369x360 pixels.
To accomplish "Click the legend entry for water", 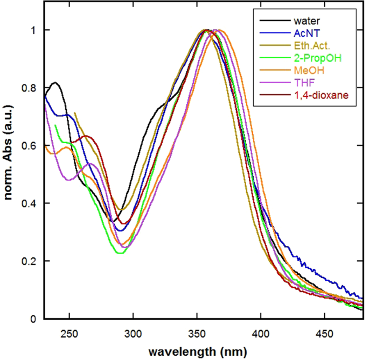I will [305, 22].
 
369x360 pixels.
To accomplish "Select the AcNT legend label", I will [304, 34].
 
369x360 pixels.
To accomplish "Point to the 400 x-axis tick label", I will [261, 331].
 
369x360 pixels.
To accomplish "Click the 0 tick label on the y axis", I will [34, 319].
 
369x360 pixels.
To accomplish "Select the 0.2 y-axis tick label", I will [30, 262].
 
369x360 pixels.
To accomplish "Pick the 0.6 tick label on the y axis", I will [30, 146].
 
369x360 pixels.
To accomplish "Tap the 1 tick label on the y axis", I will [34, 30].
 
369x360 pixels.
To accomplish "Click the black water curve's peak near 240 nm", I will [55, 82].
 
